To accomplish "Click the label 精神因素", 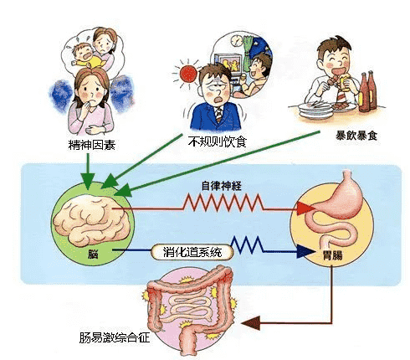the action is [x=92, y=145].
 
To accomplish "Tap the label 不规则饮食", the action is [x=218, y=141].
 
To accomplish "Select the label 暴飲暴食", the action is [x=356, y=136].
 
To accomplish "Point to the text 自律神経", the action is [x=222, y=186].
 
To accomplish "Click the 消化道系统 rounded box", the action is [x=192, y=252].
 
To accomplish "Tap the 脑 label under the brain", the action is [x=93, y=254].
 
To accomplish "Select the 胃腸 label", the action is [x=332, y=255].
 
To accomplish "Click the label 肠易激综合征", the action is [x=115, y=337].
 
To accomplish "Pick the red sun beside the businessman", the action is [x=188, y=74].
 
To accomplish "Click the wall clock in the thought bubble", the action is [x=237, y=40].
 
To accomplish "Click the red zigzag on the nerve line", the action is [x=223, y=203].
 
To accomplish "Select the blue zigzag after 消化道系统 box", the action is [x=247, y=245].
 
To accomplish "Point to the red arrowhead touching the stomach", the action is [x=305, y=208].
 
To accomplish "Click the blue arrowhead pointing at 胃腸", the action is [x=305, y=252].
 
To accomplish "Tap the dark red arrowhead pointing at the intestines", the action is [x=251, y=323].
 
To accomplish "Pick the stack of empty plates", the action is [x=315, y=111].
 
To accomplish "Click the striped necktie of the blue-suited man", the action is [x=219, y=115].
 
